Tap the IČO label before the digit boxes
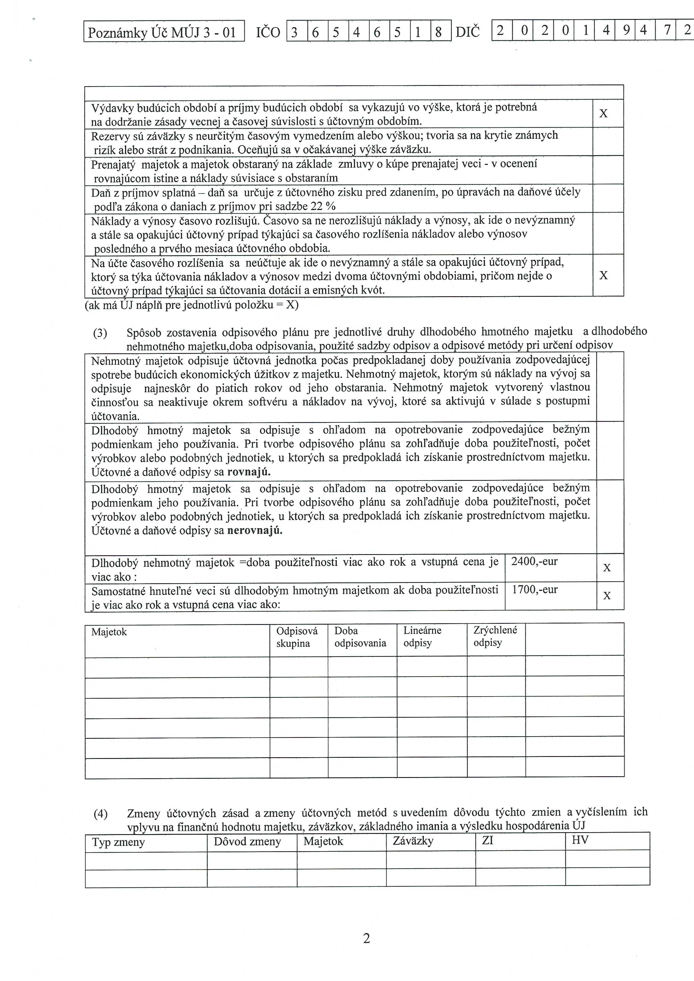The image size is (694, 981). click(268, 32)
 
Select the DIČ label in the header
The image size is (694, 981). click(468, 32)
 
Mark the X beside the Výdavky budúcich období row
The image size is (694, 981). click(603, 114)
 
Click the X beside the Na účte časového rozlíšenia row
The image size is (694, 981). click(603, 276)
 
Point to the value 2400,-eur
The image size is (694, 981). click(534, 561)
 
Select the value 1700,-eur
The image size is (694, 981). click(535, 590)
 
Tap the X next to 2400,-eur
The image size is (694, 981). click(607, 568)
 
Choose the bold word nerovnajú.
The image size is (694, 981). click(255, 531)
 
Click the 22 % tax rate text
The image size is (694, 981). click(323, 206)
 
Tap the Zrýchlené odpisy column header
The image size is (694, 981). click(495, 636)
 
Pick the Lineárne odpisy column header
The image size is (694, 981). click(422, 637)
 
